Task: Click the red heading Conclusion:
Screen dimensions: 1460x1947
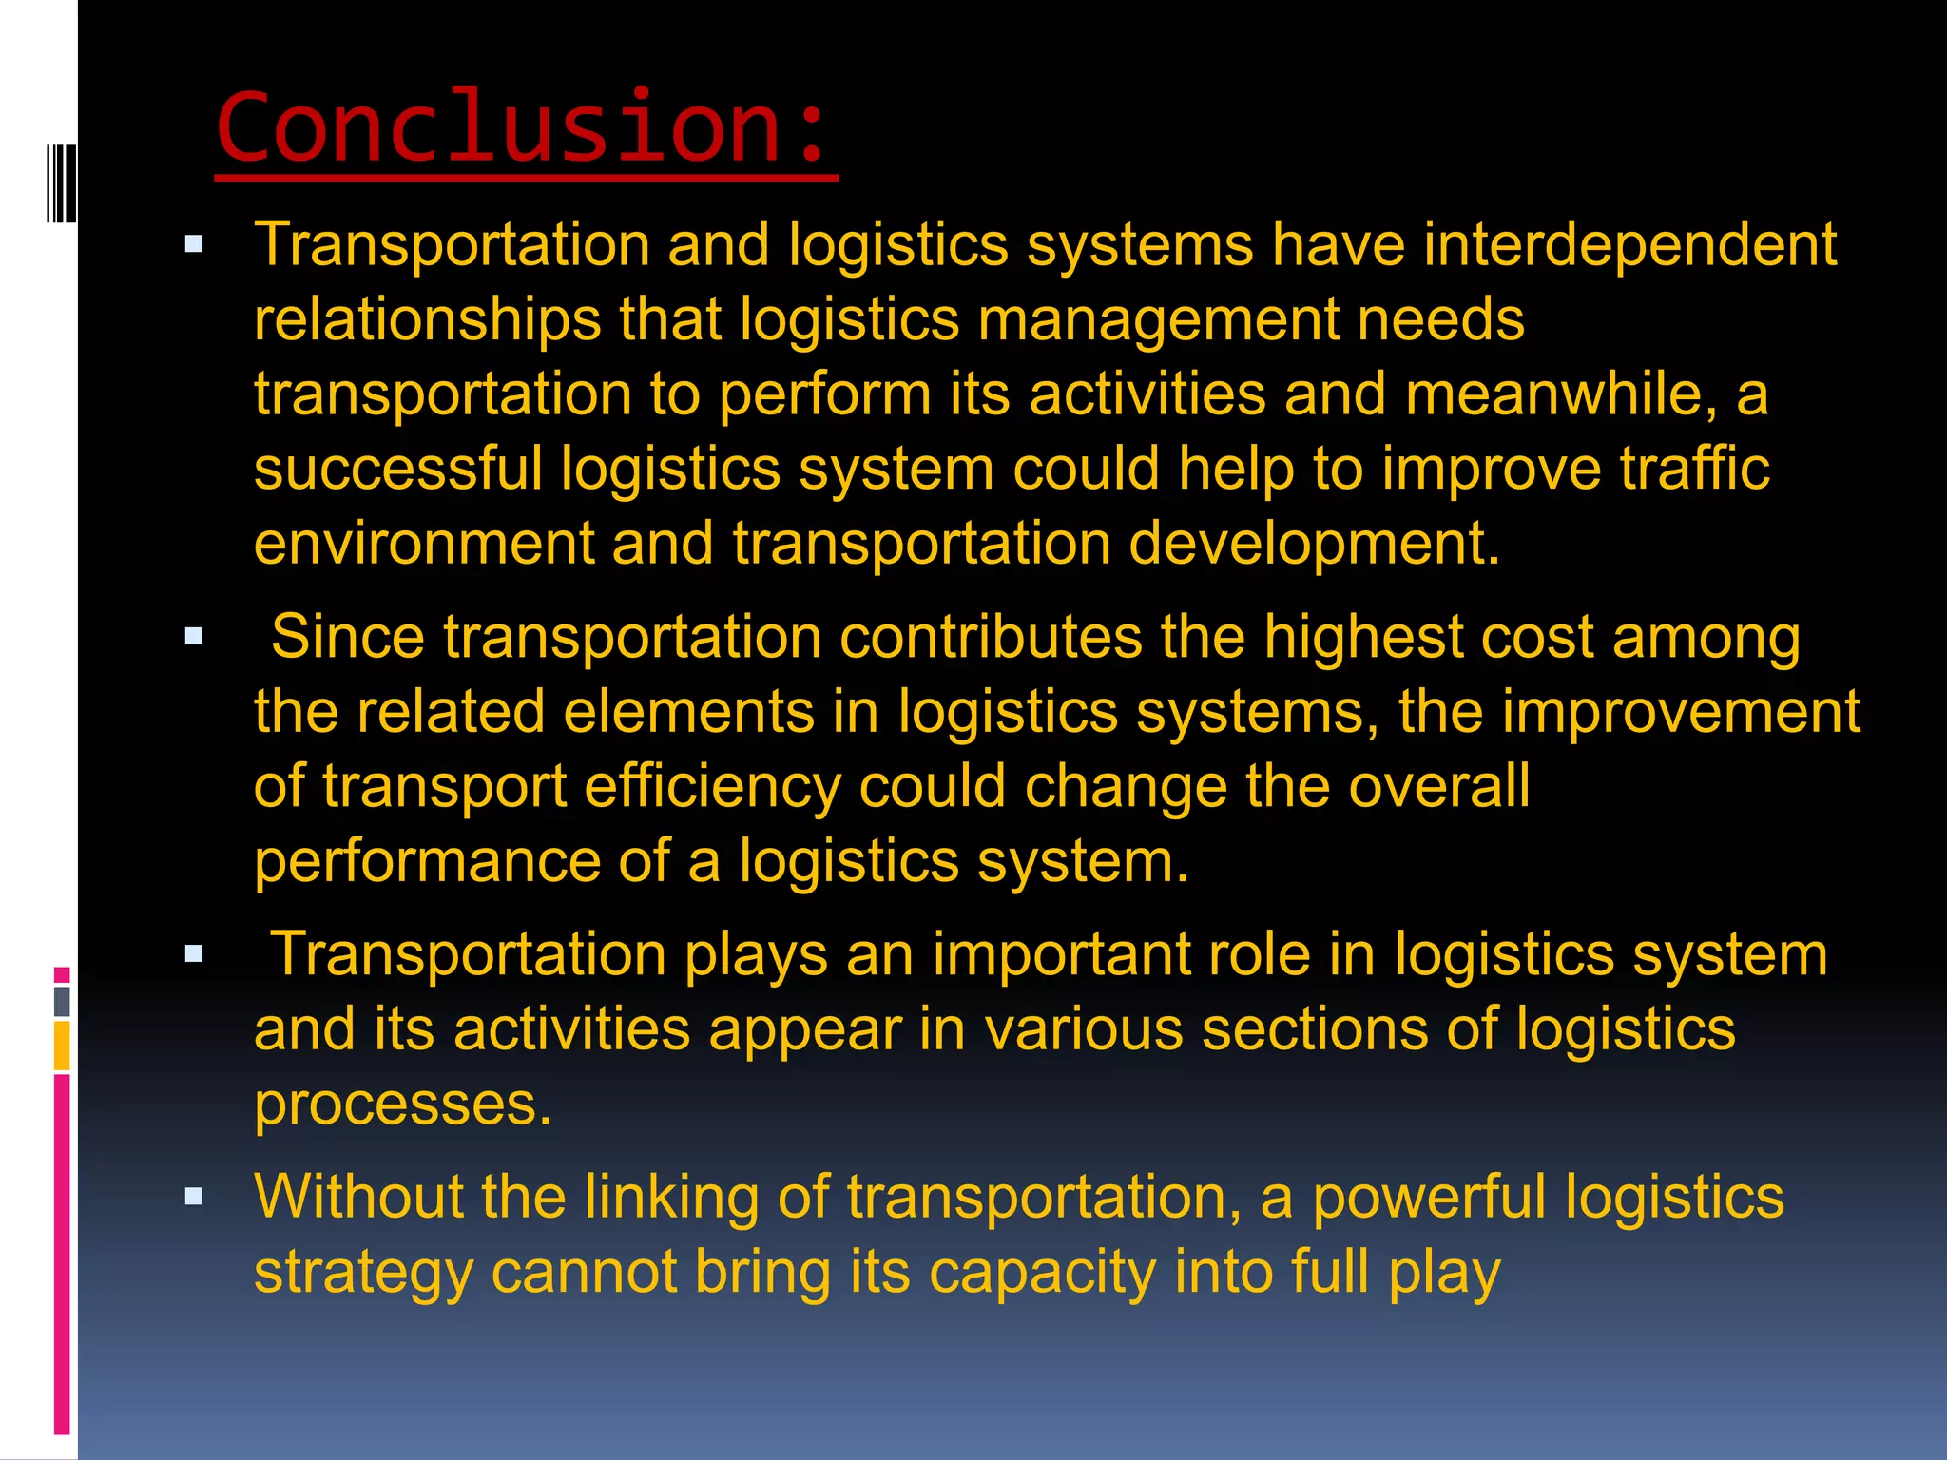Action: (525, 127)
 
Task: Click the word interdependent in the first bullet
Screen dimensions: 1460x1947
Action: (1629, 245)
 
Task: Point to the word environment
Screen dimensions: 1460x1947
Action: (423, 544)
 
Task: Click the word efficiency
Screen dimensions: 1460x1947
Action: (712, 787)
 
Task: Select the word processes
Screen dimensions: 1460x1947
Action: (402, 1105)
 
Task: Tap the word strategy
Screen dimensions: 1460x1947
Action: (363, 1274)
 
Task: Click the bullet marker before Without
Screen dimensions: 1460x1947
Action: (195, 1197)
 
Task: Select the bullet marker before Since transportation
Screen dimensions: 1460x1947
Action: (195, 637)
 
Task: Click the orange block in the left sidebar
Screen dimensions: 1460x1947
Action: (62, 1046)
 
